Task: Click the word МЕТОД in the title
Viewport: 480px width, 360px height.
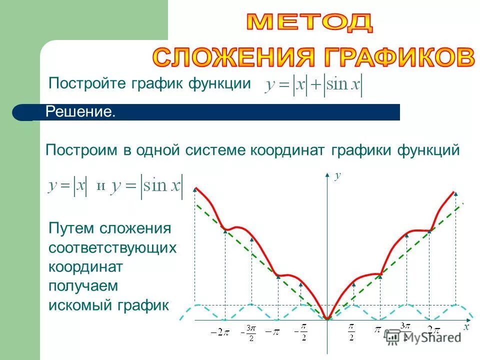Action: click(x=310, y=22)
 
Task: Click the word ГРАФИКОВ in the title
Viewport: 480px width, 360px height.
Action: click(x=395, y=57)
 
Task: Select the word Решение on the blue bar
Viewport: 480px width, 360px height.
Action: click(x=80, y=111)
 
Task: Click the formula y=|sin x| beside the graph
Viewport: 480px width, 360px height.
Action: click(x=148, y=186)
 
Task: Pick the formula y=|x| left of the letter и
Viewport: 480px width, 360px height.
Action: click(x=67, y=186)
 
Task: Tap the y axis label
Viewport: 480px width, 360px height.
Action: click(x=337, y=175)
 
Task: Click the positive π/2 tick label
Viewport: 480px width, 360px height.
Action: click(x=351, y=332)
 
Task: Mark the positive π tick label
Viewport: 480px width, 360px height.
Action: click(x=378, y=330)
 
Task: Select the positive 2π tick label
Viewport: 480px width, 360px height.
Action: click(x=433, y=330)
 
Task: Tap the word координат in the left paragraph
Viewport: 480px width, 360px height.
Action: click(x=85, y=266)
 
